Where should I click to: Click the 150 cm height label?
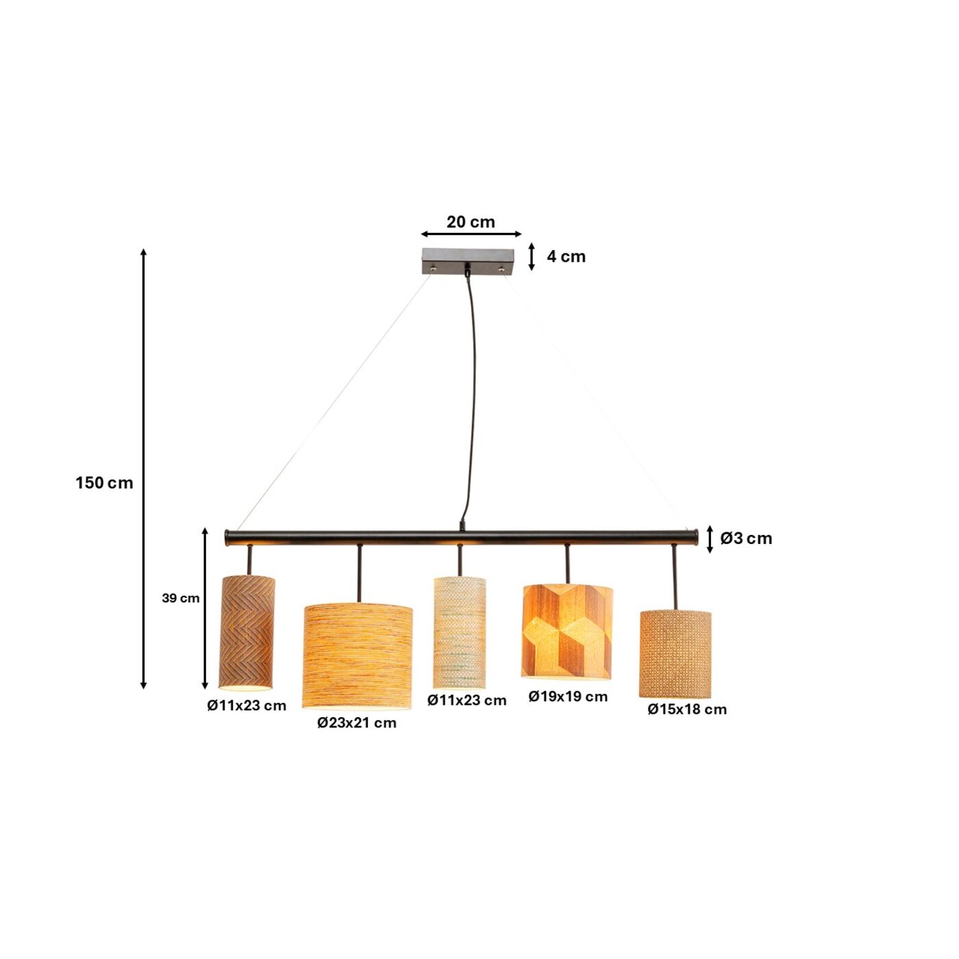click(104, 483)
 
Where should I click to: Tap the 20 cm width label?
click(471, 222)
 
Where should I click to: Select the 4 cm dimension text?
click(566, 257)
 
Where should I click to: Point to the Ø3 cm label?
click(746, 538)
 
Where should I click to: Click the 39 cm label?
click(181, 598)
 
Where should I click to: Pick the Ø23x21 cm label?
click(356, 723)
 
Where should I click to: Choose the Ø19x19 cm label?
click(568, 697)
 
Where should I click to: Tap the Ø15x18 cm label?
click(687, 710)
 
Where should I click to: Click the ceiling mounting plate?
click(468, 260)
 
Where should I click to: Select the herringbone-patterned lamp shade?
click(247, 632)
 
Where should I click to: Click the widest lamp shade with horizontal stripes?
click(358, 655)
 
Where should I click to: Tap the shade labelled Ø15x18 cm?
click(675, 653)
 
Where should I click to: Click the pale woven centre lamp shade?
click(460, 632)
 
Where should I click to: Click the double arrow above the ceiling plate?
click(471, 234)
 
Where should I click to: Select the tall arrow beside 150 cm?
click(144, 469)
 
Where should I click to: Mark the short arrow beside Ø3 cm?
click(710, 539)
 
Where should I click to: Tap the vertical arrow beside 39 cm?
click(205, 608)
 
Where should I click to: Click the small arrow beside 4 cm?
click(532, 256)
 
